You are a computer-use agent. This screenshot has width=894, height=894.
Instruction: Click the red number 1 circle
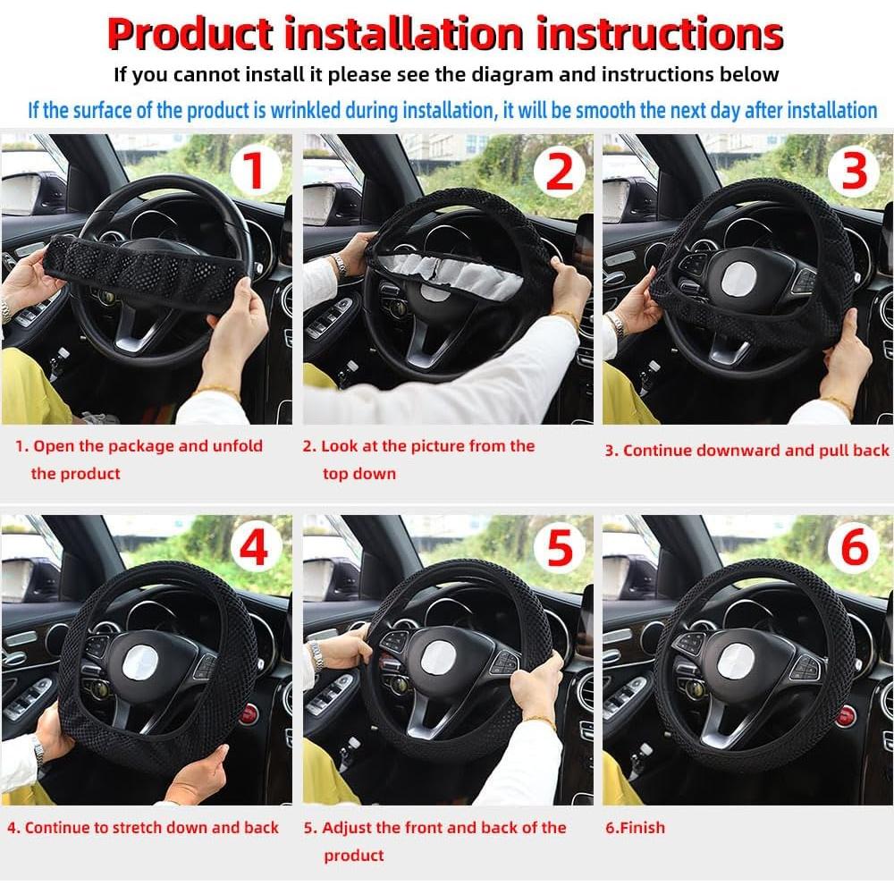[x=254, y=171]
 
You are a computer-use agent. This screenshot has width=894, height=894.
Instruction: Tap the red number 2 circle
[x=559, y=171]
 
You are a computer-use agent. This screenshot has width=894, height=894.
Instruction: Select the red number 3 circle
[x=855, y=171]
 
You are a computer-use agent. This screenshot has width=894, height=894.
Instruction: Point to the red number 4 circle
[x=254, y=548]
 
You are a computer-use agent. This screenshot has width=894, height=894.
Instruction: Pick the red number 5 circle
[x=559, y=548]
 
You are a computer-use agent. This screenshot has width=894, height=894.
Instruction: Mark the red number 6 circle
[x=855, y=548]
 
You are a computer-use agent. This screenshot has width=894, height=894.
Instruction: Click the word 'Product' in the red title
[x=190, y=34]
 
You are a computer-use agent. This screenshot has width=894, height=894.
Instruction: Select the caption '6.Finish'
[x=635, y=828]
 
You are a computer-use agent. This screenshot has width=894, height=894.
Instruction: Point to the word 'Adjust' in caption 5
[x=349, y=828]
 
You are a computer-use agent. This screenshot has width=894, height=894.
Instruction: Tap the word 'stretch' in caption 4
[x=146, y=828]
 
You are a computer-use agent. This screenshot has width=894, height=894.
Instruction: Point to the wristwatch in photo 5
[x=316, y=657]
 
